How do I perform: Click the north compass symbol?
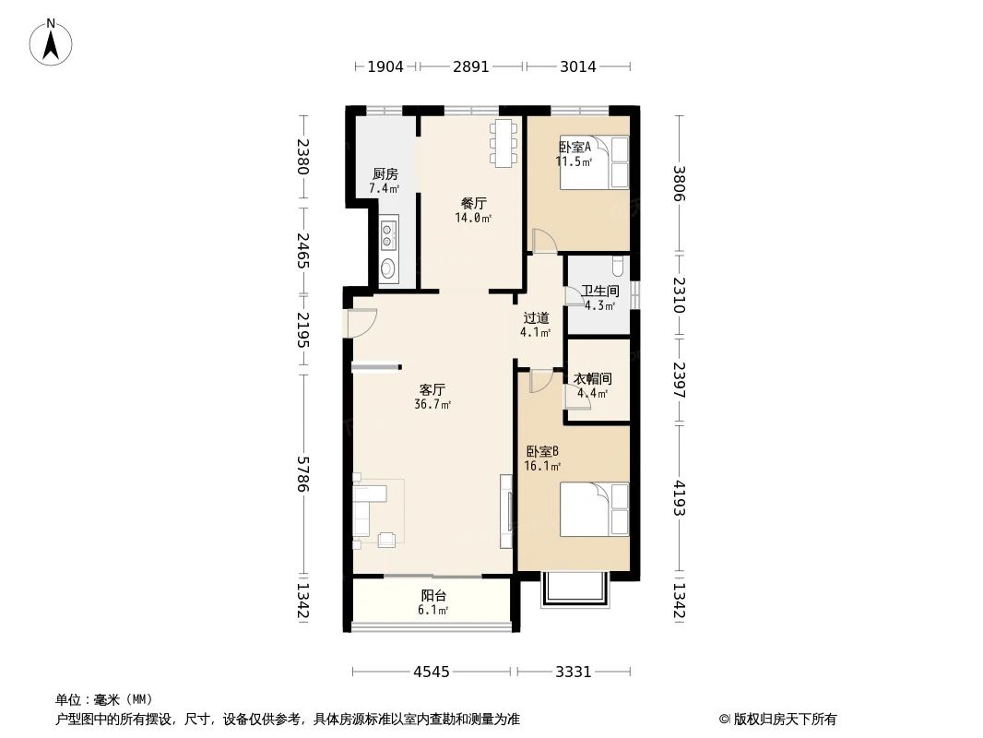[52, 42]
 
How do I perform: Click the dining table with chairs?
[503, 143]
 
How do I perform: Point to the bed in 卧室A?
[594, 162]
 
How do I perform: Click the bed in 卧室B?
[594, 509]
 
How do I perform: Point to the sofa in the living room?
[369, 510]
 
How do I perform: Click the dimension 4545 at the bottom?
[431, 672]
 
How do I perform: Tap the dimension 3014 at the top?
[578, 66]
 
